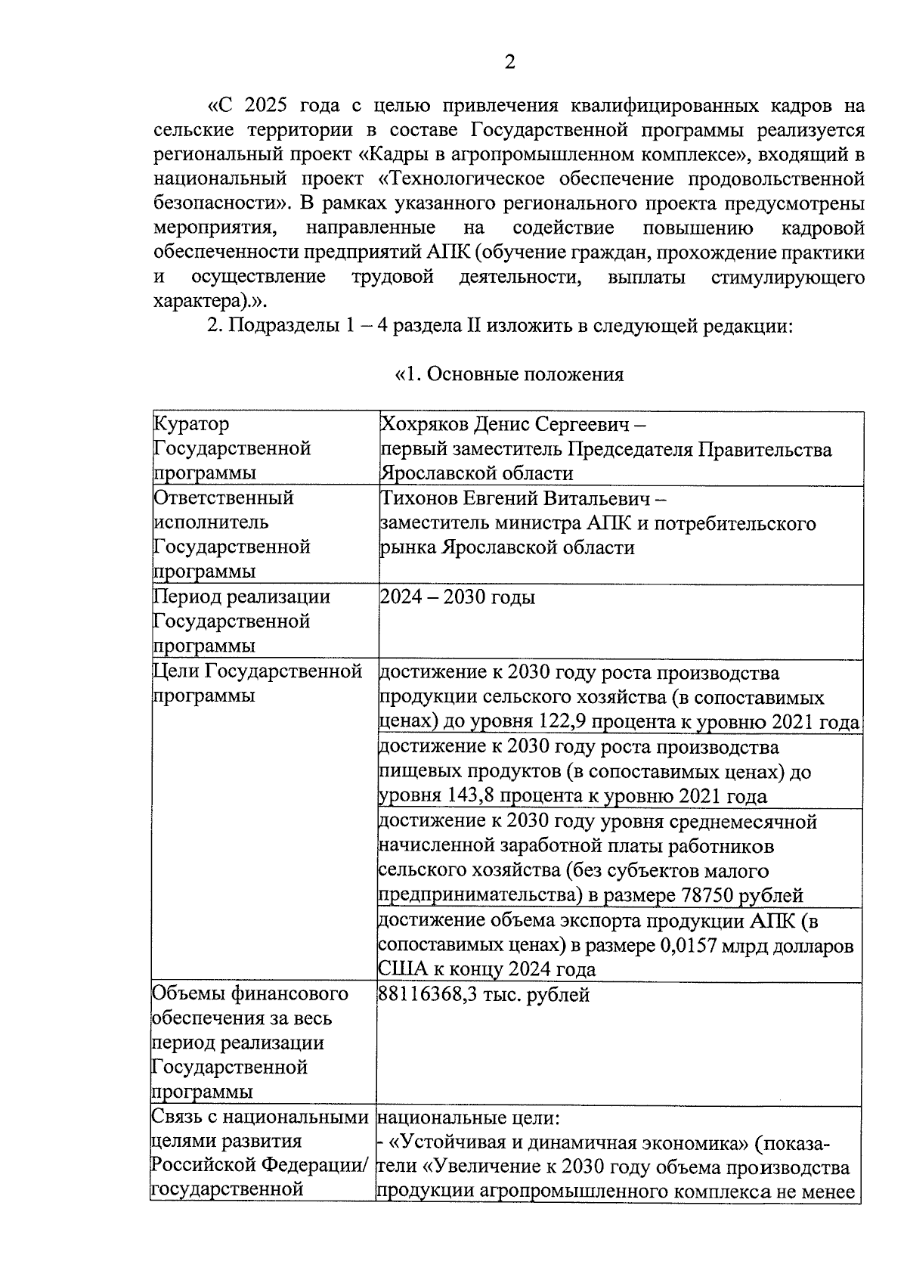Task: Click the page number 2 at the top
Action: click(x=509, y=63)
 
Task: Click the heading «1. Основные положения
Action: click(x=509, y=374)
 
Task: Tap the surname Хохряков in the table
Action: click(x=424, y=424)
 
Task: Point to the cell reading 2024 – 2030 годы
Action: click(x=457, y=597)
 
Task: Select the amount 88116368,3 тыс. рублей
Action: click(x=484, y=995)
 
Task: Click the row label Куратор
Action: click(x=191, y=424)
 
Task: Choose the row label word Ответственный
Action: click(x=224, y=498)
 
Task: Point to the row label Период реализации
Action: click(x=242, y=597)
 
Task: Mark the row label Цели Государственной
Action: click(x=258, y=671)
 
